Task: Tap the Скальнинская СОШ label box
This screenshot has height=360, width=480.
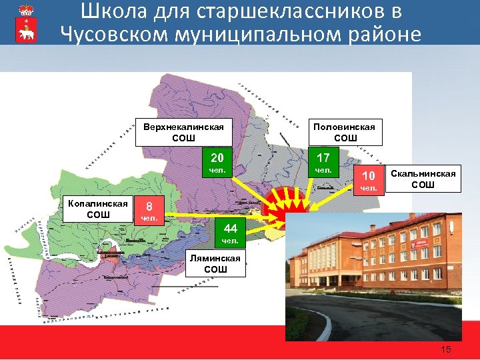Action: pyautogui.click(x=423, y=179)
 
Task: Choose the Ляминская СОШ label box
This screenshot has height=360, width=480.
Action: pyautogui.click(x=207, y=263)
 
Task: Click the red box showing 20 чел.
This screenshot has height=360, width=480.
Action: pyautogui.click(x=217, y=163)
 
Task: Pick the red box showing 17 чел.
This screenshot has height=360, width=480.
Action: pyautogui.click(x=323, y=163)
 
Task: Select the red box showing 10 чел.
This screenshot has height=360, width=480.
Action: pyautogui.click(x=368, y=180)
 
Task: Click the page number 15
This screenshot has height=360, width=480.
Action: pyautogui.click(x=446, y=350)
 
